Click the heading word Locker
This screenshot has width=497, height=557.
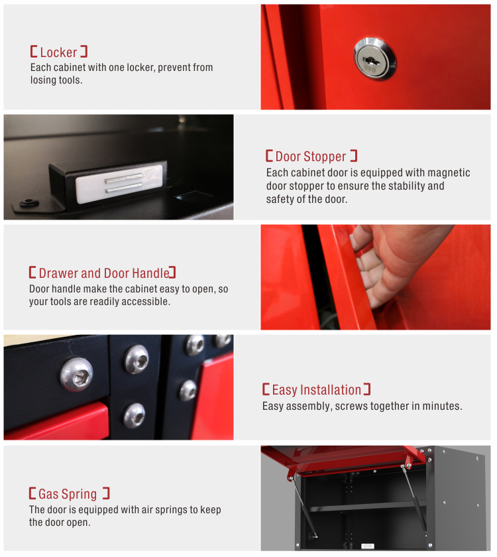(58, 52)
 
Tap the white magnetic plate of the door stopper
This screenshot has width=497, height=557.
(119, 184)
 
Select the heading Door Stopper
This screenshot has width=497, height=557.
(311, 156)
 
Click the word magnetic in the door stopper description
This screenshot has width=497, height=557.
(449, 172)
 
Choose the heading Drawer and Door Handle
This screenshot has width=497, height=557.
(103, 273)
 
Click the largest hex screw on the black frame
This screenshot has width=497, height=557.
(77, 375)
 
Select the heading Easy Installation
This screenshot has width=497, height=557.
(317, 390)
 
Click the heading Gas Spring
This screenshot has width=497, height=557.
(68, 494)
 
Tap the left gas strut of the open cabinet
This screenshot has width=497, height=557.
(302, 507)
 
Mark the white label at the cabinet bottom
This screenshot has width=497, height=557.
(367, 546)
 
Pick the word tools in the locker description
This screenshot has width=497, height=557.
(71, 80)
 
